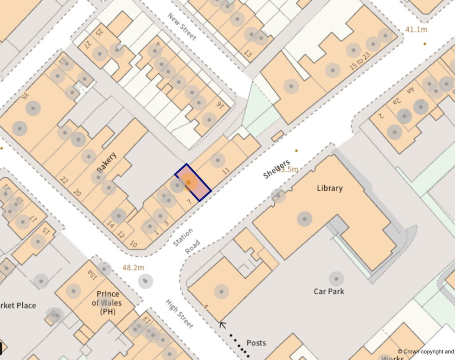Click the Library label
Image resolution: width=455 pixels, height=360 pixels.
(330, 188)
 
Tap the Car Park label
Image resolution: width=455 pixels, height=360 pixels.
(329, 291)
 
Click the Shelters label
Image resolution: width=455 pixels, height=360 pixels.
(276, 169)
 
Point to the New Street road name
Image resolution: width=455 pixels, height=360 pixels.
(182, 26)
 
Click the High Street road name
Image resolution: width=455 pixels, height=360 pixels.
(180, 314)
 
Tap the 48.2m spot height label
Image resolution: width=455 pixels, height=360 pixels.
(133, 268)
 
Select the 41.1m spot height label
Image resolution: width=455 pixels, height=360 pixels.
(416, 29)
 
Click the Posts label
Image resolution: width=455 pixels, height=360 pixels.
(256, 343)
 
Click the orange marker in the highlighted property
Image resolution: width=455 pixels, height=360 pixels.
(188, 182)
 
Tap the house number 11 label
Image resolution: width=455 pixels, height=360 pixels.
(226, 170)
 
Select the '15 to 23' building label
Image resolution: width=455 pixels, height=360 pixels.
(360, 61)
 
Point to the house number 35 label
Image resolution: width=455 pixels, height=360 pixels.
(25, 95)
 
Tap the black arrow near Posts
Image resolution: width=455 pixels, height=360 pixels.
(223, 325)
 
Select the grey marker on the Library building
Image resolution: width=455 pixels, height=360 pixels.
(304, 218)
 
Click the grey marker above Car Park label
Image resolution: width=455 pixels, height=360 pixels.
(336, 279)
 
